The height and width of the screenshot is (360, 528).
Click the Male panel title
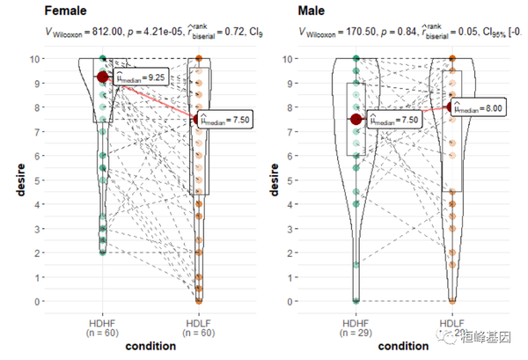311,13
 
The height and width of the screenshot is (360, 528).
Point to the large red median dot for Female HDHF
103,77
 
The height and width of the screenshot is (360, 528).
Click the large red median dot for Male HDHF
356,119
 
